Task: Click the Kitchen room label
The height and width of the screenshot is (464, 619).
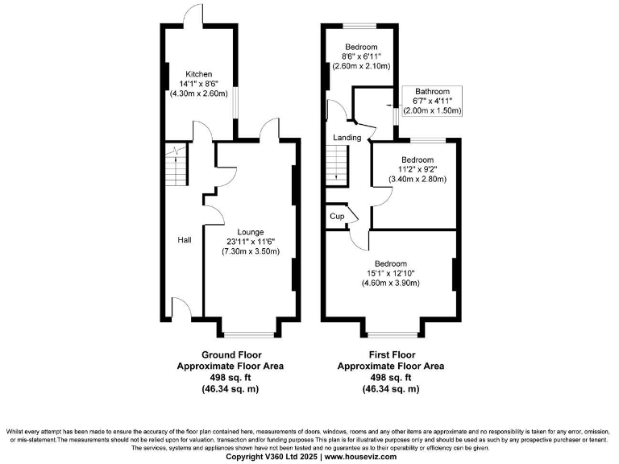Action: click(198, 74)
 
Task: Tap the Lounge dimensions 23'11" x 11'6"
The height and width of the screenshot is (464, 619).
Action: click(250, 242)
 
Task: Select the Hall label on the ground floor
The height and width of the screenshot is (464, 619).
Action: click(185, 239)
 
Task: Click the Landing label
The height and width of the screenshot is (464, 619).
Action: click(347, 138)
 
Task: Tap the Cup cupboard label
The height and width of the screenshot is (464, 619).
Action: click(336, 217)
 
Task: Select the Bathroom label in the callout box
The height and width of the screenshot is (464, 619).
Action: click(433, 91)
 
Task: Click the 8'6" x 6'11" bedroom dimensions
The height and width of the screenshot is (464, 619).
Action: click(361, 57)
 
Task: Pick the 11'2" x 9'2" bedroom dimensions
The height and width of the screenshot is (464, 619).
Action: click(418, 169)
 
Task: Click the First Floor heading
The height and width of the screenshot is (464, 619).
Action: click(390, 354)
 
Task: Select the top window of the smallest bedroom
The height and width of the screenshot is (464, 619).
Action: click(360, 27)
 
